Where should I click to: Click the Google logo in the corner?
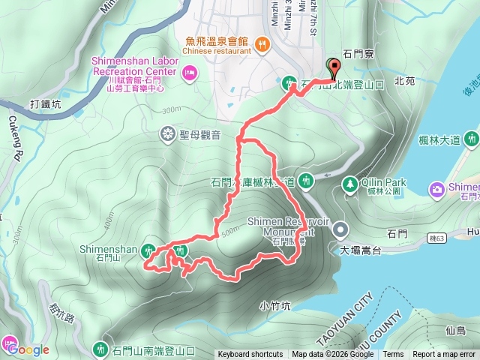coord(28,349)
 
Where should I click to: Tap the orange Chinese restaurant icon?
coord(262,43)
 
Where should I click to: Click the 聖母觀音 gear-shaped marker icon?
coord(166,135)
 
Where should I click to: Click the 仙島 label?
coord(455,331)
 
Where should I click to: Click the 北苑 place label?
coord(404,80)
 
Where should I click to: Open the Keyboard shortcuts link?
coord(250,355)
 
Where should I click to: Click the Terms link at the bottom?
coord(393,355)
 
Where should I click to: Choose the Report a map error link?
coord(444,355)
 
